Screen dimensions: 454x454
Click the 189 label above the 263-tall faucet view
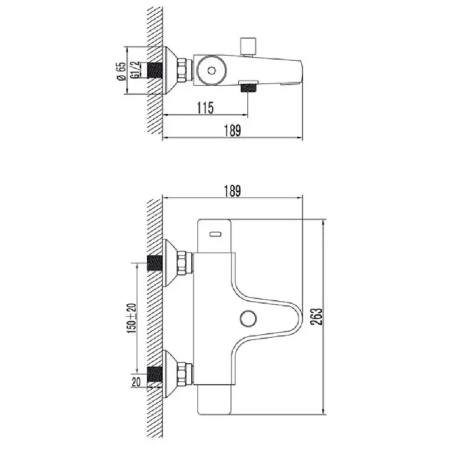coord(233,191)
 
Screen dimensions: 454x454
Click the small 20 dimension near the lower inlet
coord(136,381)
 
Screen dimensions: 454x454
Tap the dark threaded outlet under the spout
coord(248,87)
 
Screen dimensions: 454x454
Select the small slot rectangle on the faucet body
coord(216,233)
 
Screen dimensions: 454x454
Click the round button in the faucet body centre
coord(247,318)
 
